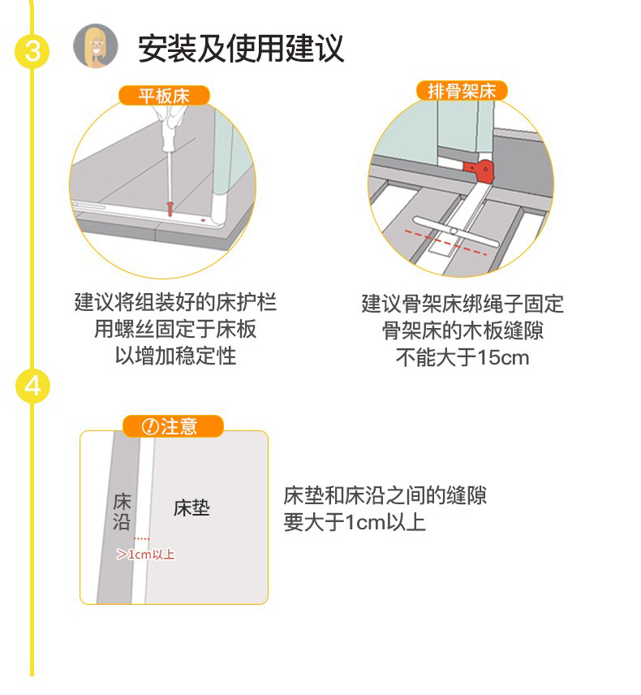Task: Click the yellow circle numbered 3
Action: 32,51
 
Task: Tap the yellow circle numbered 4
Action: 32,386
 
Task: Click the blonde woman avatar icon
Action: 95,46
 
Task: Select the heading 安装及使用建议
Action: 241,49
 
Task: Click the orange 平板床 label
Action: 164,96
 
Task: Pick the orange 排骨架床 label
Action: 461,90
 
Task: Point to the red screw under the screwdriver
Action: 170,208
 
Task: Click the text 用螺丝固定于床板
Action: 175,330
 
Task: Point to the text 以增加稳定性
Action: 175,356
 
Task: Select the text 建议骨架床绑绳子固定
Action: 462,304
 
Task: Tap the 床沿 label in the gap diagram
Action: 122,511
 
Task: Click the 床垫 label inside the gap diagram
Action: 191,509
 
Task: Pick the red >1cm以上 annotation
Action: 146,555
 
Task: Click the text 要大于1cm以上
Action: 355,522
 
